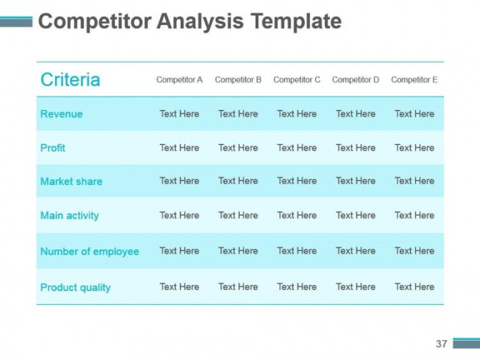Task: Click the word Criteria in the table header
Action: (x=70, y=79)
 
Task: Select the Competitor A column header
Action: (x=179, y=80)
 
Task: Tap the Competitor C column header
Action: (x=297, y=80)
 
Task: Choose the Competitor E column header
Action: (x=414, y=80)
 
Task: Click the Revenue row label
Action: (x=61, y=114)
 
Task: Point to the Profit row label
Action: (x=52, y=147)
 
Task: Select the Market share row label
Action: (x=71, y=181)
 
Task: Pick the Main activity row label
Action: (x=69, y=216)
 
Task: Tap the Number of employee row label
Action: (x=89, y=251)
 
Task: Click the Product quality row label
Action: (x=75, y=287)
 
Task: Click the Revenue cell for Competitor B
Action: (x=238, y=114)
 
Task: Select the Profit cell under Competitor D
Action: (x=356, y=147)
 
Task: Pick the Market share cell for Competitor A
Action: (x=179, y=181)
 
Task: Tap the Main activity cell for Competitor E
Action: (x=414, y=215)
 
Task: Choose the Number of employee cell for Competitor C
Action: (x=297, y=251)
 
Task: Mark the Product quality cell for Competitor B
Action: (x=238, y=287)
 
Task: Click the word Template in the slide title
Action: (x=296, y=21)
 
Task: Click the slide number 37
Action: (x=441, y=344)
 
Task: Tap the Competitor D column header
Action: (x=356, y=80)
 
